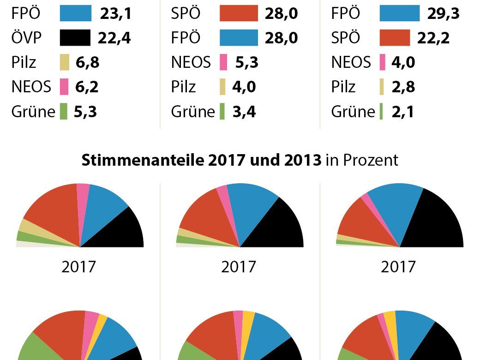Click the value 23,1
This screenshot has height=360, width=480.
point(116,14)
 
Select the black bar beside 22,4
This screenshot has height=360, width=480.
point(75,38)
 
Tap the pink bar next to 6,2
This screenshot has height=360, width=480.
point(64,86)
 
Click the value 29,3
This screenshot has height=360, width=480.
point(444,14)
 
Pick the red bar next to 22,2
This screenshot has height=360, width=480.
point(395,38)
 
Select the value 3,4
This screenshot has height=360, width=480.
point(244,112)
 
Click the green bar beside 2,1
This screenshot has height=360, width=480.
point(381,112)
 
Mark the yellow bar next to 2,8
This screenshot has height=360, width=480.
point(382,86)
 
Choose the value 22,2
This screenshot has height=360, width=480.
point(433,38)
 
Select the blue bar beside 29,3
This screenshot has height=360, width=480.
point(400,14)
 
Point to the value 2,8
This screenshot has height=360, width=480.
point(403,86)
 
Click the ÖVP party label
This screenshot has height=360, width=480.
point(26,38)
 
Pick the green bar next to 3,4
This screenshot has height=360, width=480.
point(222,112)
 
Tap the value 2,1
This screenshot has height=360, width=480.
point(402,112)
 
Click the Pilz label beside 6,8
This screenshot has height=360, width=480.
point(24,62)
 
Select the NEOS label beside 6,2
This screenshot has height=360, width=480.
point(31,86)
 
